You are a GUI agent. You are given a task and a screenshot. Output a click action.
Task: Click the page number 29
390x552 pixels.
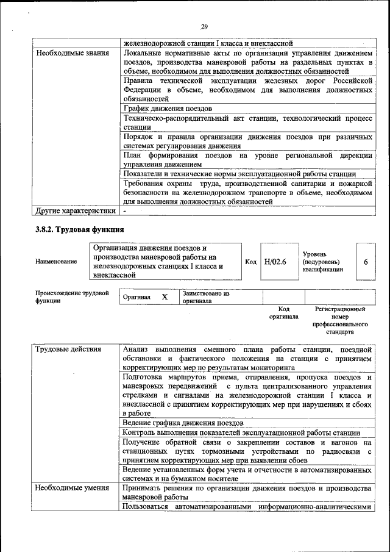(204, 26)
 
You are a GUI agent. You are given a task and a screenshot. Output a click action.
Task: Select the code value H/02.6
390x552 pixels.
(275, 261)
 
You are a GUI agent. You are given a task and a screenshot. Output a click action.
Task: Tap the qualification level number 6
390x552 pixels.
(366, 261)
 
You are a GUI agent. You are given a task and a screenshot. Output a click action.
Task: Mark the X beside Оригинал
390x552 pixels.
(164, 296)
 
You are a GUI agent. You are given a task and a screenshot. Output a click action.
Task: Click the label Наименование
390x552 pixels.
(56, 262)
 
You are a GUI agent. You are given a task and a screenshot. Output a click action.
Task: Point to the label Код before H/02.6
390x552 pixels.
(250, 261)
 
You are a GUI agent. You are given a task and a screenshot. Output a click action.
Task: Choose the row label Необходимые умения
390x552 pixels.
(72, 487)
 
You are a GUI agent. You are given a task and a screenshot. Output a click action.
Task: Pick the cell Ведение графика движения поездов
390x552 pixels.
(183, 422)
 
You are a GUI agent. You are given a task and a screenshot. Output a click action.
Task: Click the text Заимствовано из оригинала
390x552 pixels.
(205, 297)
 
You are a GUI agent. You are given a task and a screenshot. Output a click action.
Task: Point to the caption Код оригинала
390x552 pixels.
(283, 313)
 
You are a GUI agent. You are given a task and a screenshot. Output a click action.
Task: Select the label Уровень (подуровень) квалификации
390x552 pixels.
(322, 261)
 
